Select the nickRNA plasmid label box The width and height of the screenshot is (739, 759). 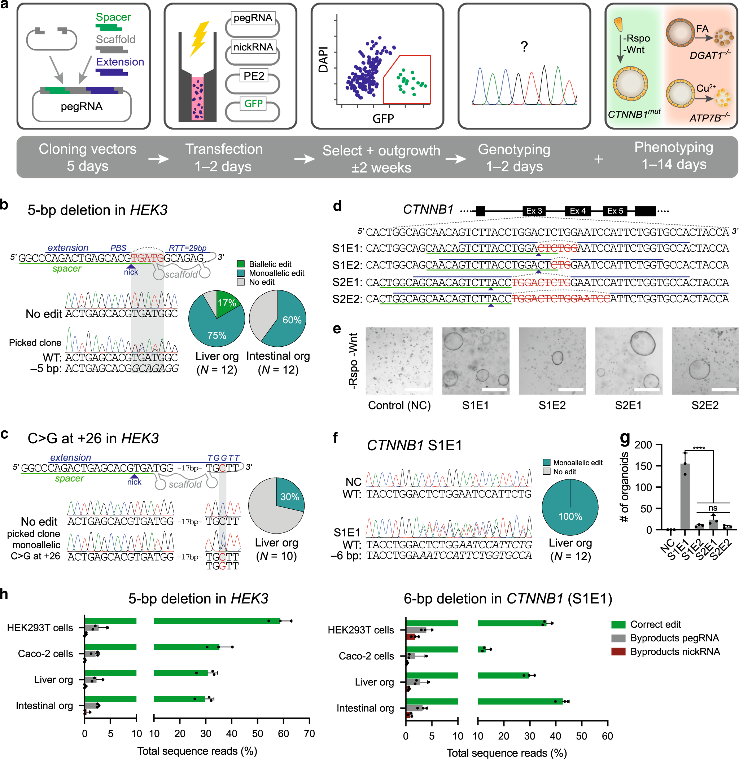pos(253,47)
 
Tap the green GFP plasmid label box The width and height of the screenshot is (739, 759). pos(253,104)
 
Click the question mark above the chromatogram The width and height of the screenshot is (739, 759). pos(524,47)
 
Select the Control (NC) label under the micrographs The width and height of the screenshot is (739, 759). pos(399,405)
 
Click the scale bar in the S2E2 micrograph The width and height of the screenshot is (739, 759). pos(724,389)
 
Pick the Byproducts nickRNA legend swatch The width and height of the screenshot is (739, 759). pos(618,651)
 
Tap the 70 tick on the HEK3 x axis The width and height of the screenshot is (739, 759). pos(309,733)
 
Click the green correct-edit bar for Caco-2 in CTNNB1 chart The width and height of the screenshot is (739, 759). pos(481,650)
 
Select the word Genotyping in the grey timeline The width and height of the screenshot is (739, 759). pos(514,149)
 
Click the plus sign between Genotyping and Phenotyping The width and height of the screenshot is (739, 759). pos(599,159)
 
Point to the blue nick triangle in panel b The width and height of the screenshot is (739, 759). pos(131,266)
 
